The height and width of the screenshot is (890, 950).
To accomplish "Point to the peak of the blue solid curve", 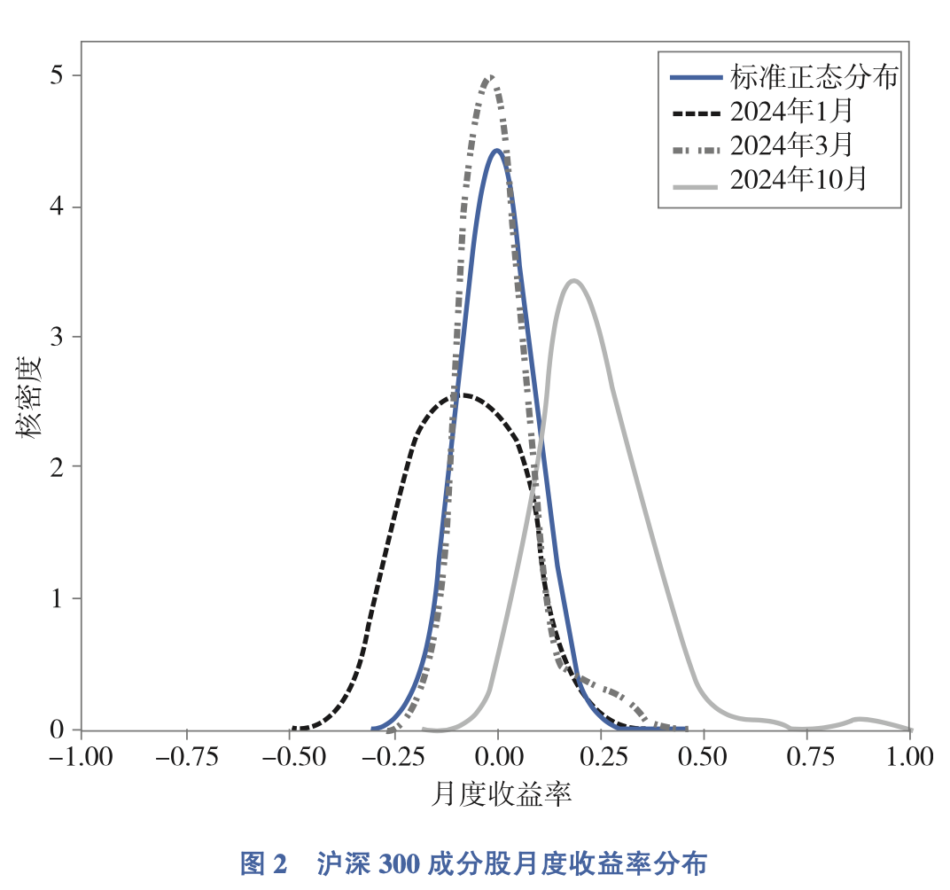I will (497, 151).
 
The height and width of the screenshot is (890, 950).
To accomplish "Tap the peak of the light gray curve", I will (574, 281).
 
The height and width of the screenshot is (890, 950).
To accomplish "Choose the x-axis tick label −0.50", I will (290, 758).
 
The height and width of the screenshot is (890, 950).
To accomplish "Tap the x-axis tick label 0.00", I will (498, 758).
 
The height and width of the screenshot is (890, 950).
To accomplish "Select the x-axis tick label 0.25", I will (602, 758).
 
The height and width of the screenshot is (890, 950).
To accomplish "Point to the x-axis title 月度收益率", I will (501, 793).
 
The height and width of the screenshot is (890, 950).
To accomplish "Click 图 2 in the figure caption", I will (264, 863).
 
